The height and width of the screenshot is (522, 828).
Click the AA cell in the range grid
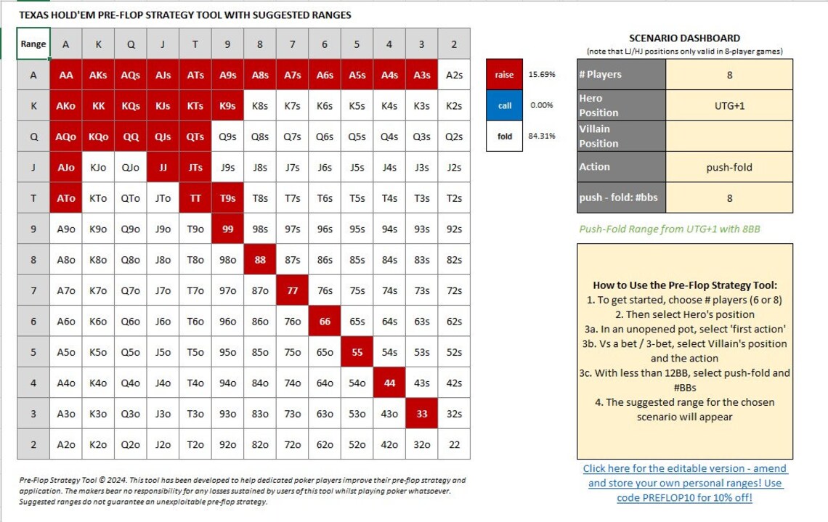[x=66, y=75]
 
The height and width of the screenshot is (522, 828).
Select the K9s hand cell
[x=227, y=105]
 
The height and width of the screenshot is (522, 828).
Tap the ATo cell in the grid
[x=66, y=197]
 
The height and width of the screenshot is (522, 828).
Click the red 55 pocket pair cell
[x=357, y=352]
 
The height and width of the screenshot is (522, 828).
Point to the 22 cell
[x=454, y=444]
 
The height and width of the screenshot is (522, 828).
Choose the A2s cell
[x=454, y=75]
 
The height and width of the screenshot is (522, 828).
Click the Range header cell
[x=33, y=44]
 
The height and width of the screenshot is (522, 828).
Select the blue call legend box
[x=505, y=105]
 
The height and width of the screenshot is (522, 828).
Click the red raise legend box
[x=505, y=75]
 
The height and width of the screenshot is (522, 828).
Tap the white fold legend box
[x=505, y=136]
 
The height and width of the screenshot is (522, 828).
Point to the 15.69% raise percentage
[x=542, y=75]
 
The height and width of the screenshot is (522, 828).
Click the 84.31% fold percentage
[x=542, y=136]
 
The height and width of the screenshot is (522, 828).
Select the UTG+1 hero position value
[x=729, y=105]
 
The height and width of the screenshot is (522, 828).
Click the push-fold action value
[x=729, y=167]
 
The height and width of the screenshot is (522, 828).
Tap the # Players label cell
[x=621, y=75]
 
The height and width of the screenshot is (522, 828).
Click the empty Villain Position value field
[x=729, y=136]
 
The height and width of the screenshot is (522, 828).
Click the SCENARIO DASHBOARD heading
[x=685, y=38]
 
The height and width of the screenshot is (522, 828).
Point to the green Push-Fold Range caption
[x=670, y=229]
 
